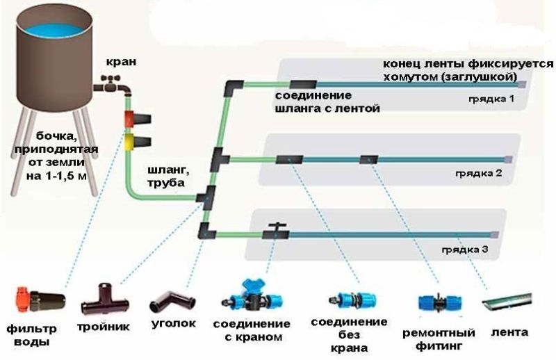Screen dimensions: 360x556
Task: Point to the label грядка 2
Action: pos(480,172)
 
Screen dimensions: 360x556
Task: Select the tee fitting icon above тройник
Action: pos(104,300)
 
